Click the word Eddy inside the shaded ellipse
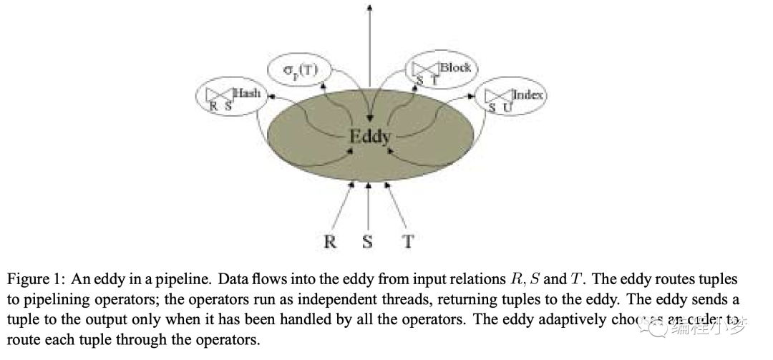(x=369, y=135)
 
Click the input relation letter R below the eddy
(x=329, y=241)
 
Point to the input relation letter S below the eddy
(x=368, y=241)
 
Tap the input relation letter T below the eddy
(x=408, y=241)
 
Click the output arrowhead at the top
(x=369, y=7)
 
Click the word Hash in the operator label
(x=247, y=93)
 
